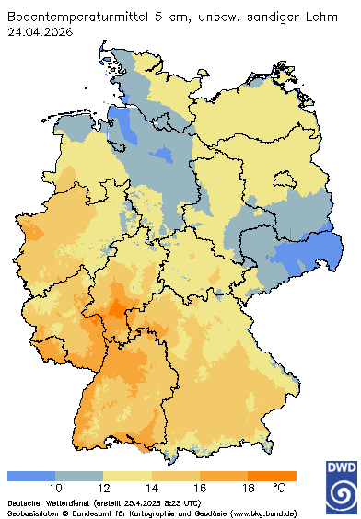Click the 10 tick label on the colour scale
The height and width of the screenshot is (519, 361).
[55, 488]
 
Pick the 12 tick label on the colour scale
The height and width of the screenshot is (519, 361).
[103, 488]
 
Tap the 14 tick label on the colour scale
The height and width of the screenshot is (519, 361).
[152, 488]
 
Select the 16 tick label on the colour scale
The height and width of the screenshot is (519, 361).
[200, 488]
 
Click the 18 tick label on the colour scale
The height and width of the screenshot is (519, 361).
[248, 488]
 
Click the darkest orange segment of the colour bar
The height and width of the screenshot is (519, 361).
[272, 476]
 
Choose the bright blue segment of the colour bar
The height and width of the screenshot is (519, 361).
[31, 476]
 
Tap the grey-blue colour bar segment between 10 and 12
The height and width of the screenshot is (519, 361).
[79, 476]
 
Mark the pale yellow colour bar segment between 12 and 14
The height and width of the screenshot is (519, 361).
[127, 476]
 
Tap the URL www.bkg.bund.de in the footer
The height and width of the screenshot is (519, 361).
[262, 513]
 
